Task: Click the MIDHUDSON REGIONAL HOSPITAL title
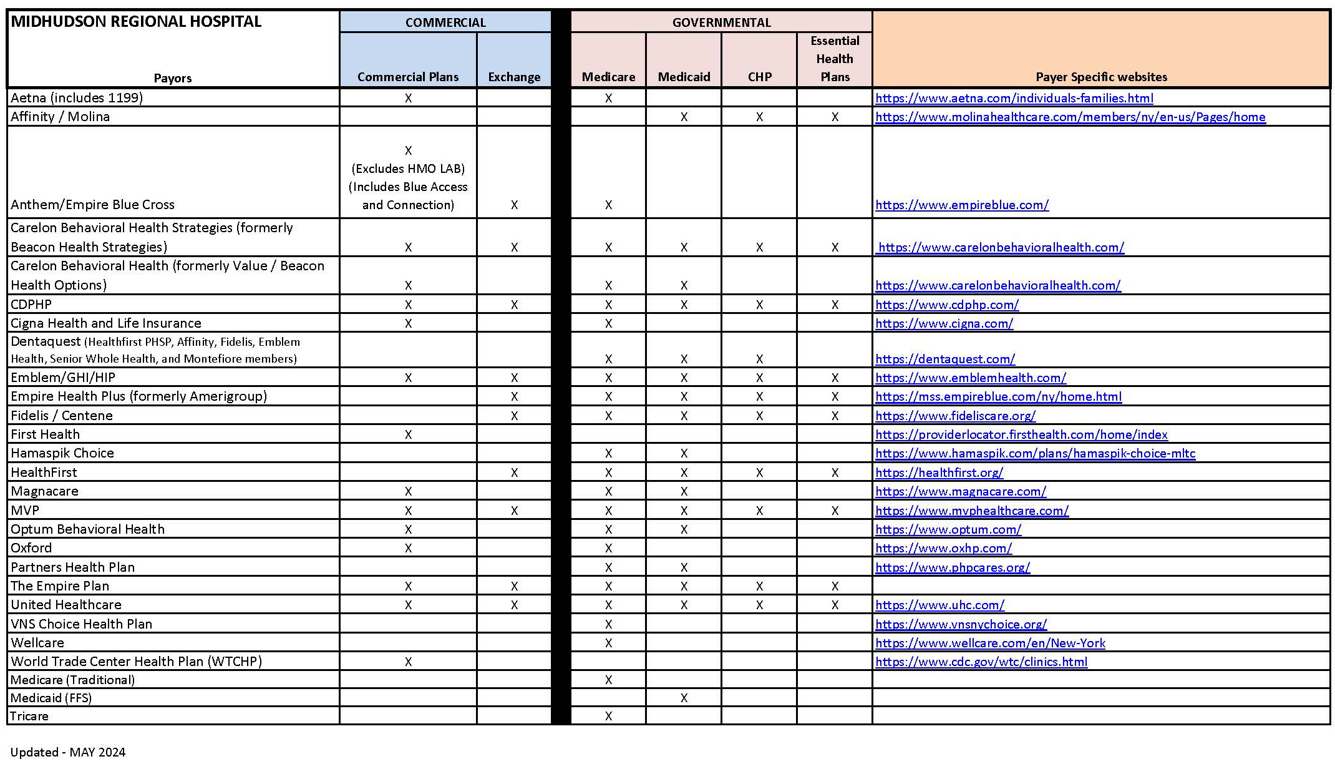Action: point(136,22)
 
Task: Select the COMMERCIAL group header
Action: point(445,22)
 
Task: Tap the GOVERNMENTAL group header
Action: point(721,22)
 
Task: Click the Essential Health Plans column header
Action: point(835,59)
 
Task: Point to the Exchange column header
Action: point(514,77)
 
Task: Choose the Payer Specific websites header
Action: point(1101,77)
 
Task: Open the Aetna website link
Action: point(1014,98)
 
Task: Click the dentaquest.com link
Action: point(944,359)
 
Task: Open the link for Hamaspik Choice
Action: point(1035,453)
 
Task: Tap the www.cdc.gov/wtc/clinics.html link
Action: point(981,662)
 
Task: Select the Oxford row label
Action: point(31,548)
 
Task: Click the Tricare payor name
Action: point(29,716)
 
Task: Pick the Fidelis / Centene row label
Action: point(62,416)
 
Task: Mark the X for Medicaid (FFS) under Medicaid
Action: point(684,698)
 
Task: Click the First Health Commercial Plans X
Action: point(408,434)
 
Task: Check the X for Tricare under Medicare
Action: point(608,716)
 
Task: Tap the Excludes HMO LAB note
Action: point(408,169)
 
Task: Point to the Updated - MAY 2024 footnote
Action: point(68,752)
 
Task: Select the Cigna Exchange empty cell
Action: point(514,323)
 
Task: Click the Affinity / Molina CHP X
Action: point(759,117)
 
